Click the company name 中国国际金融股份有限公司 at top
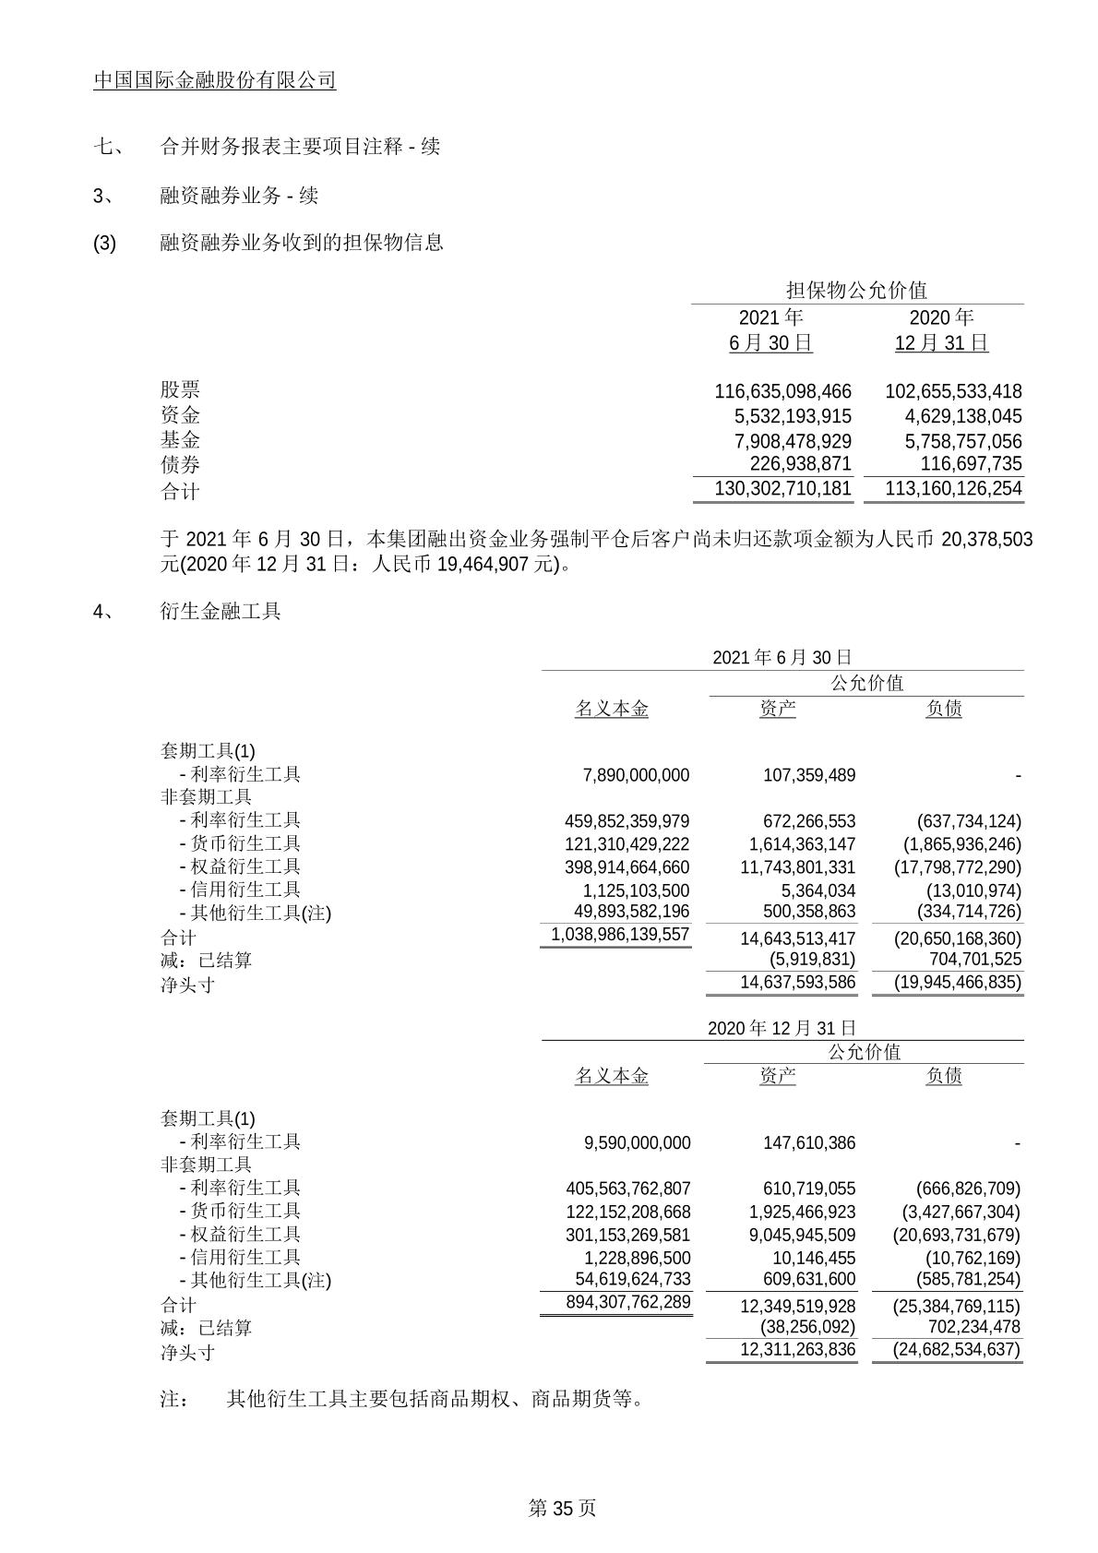[214, 80]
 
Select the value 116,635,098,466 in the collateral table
[782, 391]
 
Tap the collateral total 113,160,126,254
[953, 488]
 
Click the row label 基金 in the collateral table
[180, 440]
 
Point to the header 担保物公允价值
[856, 290]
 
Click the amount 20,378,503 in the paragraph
[986, 539]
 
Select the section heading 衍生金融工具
[221, 611]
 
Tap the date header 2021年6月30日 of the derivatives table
[782, 657]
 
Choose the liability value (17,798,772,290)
[958, 867]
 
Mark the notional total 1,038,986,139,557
[620, 934]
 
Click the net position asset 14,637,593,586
[797, 982]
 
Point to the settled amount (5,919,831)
[812, 960]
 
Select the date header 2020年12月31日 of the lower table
[782, 1028]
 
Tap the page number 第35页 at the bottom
[562, 1508]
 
